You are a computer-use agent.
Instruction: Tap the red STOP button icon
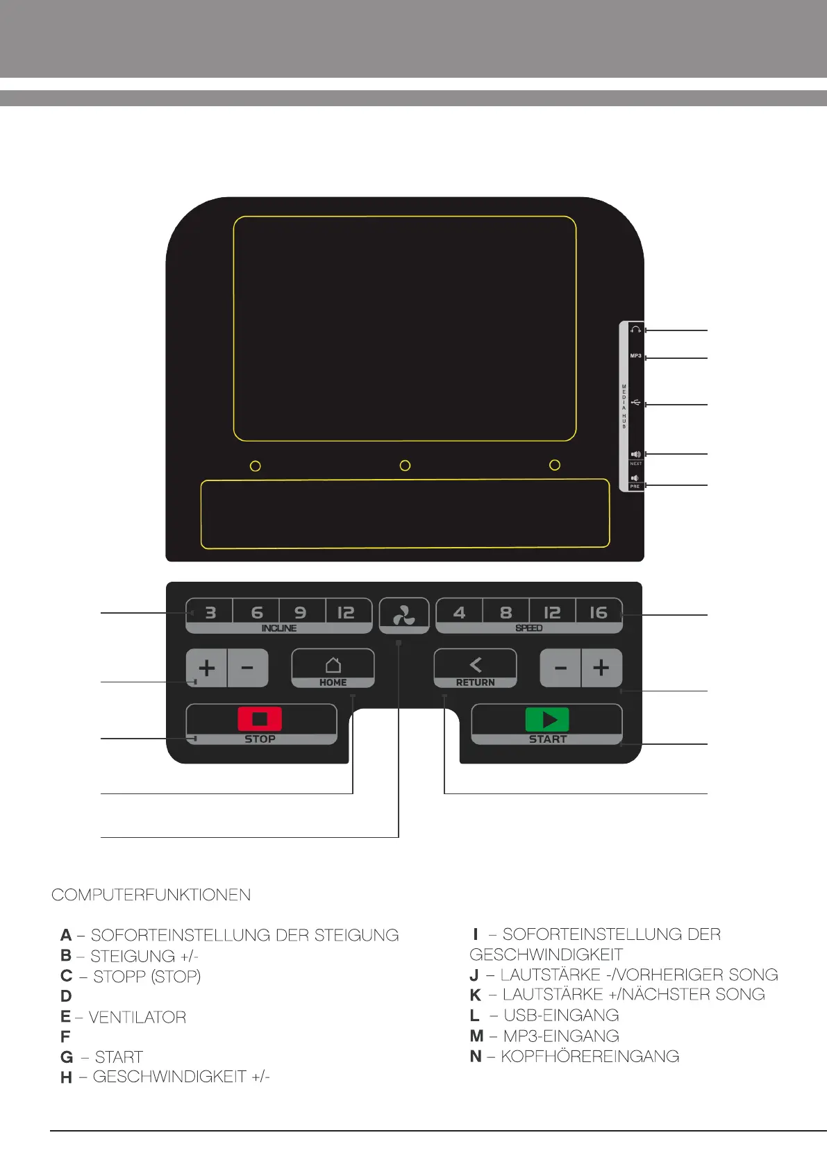point(260,718)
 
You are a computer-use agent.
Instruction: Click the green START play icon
point(547,719)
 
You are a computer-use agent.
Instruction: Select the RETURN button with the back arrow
point(475,668)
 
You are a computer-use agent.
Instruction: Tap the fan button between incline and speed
point(404,615)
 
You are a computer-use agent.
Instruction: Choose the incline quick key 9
point(301,613)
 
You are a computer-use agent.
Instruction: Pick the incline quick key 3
point(210,613)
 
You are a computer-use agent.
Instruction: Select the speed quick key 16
point(598,613)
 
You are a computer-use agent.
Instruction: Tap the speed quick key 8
point(506,613)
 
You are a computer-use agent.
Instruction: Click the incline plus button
point(207,668)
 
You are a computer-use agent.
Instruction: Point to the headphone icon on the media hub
point(635,330)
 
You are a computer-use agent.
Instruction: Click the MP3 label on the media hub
point(635,355)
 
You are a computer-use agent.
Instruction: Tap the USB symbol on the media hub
point(636,403)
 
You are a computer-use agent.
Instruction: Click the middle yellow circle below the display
point(405,466)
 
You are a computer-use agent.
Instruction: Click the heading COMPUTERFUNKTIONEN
point(151,895)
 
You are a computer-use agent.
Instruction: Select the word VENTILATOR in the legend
point(137,1017)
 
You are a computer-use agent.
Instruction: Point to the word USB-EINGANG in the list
point(561,1015)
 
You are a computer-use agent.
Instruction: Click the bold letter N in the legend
point(476,1057)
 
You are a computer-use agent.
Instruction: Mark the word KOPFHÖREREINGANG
point(590,1057)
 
